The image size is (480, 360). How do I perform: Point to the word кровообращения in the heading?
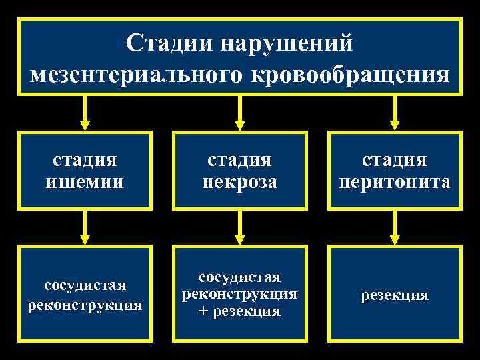point(350,74)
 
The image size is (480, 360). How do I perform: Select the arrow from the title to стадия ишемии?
point(85,114)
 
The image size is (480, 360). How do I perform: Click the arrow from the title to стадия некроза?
point(240,114)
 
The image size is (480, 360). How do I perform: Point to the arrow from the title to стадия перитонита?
point(395,114)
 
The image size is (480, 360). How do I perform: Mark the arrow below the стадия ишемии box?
point(85,228)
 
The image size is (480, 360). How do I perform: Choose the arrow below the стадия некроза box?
point(240,228)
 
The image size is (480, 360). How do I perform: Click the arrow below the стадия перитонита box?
point(395,228)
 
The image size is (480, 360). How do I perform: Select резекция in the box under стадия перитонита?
point(395,295)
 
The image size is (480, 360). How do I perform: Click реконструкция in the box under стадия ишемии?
point(85,305)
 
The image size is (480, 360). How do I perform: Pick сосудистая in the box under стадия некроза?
point(240,277)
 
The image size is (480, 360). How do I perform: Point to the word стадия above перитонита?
point(395,161)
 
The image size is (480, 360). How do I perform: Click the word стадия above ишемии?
point(85,161)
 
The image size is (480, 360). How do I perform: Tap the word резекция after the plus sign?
point(247,311)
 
